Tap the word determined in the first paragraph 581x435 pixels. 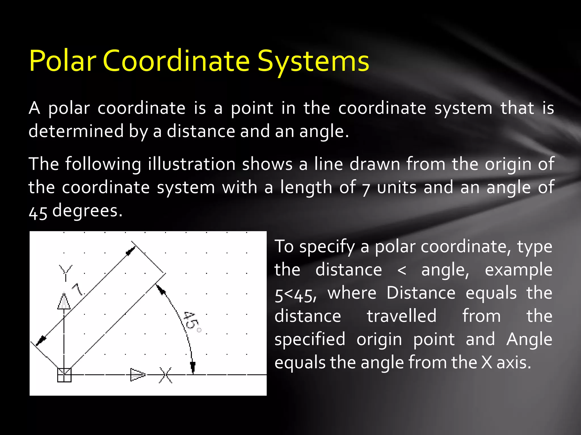76,131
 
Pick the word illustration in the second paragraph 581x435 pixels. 191,164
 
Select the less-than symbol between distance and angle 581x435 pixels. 401,270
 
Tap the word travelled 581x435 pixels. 401,316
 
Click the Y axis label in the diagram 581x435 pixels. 66,272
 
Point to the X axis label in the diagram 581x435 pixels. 166,375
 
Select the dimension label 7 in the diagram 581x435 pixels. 77,289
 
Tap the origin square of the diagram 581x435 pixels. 64,375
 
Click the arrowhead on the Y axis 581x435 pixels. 64,301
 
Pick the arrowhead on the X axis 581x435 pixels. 138,375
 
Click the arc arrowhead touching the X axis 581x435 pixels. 193,367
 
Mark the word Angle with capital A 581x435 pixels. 529,339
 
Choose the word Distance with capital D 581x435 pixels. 421,293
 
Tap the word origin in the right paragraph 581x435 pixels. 379,339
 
